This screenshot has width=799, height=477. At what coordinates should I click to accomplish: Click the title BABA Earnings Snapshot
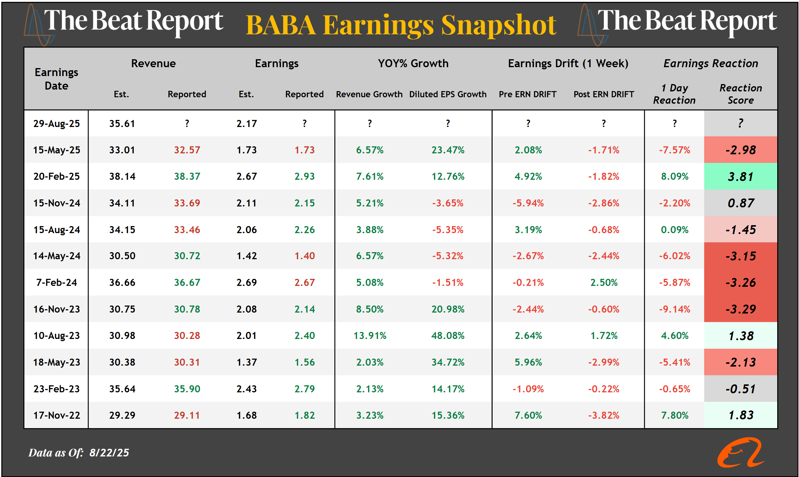point(401,25)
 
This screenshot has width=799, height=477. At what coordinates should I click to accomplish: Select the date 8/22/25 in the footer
point(109,452)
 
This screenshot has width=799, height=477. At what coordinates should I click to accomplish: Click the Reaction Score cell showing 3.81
point(740,176)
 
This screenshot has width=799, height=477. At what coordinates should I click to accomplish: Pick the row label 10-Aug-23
point(56,336)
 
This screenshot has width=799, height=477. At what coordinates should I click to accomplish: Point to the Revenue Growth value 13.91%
point(370,336)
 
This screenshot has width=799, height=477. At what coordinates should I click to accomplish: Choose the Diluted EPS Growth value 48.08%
point(448,336)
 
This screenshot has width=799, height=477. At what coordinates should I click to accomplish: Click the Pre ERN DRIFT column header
point(528,94)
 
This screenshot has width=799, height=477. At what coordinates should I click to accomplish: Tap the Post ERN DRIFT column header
point(604,94)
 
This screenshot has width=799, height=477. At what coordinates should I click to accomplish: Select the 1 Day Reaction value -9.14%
point(674,309)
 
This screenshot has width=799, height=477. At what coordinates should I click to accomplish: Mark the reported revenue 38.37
point(187,176)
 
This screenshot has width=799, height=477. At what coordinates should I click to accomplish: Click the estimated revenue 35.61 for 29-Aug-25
point(122,123)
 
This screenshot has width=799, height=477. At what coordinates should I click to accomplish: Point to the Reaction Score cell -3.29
point(740,309)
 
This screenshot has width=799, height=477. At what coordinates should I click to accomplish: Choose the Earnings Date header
point(56,79)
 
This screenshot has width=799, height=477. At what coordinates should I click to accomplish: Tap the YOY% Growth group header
point(413,63)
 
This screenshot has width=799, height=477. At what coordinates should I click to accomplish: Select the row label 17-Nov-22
point(56,415)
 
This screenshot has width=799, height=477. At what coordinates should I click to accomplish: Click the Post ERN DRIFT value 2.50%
point(604,283)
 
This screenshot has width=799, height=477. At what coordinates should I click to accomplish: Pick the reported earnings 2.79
point(304,389)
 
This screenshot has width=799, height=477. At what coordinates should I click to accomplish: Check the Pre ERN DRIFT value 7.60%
point(528,415)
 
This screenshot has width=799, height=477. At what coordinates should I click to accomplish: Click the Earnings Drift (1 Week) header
point(568,63)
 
